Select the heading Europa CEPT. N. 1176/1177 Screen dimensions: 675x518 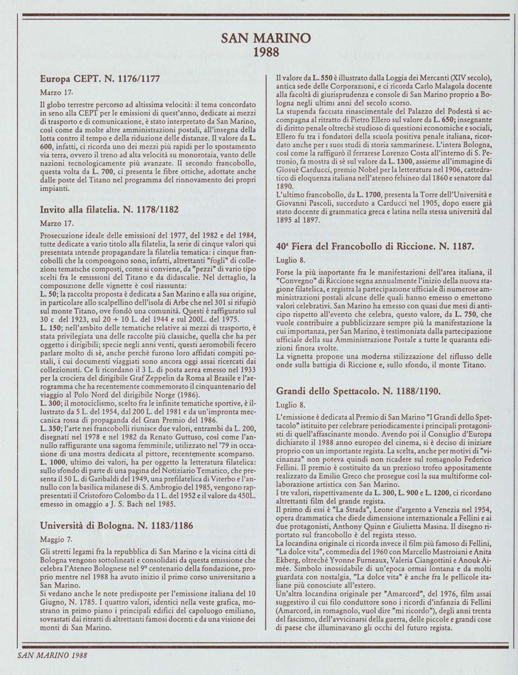coord(100,79)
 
